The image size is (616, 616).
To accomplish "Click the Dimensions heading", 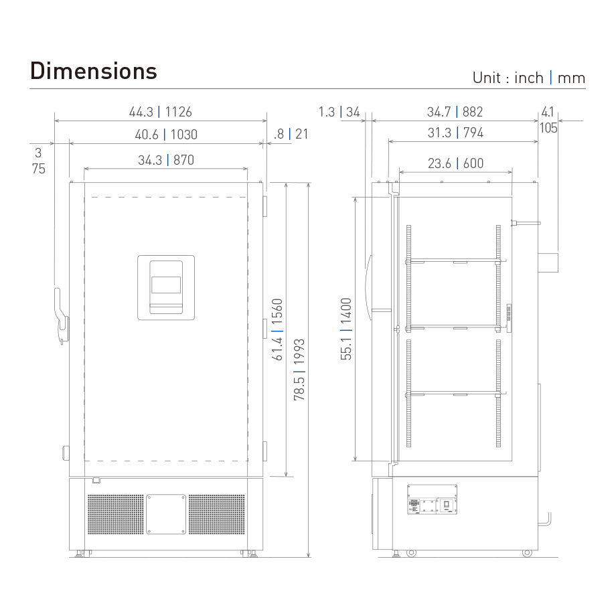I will (x=93, y=70).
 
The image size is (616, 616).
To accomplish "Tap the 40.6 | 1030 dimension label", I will (x=166, y=135).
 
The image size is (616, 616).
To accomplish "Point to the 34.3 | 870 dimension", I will (x=166, y=160).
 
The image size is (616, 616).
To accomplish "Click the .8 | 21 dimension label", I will (x=291, y=135).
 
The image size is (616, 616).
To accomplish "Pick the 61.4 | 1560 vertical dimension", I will (x=277, y=330).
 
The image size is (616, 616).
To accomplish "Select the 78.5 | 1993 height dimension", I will (x=299, y=370).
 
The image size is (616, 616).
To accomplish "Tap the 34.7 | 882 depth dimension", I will (x=455, y=112).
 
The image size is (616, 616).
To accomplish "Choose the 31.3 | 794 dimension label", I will (x=455, y=133).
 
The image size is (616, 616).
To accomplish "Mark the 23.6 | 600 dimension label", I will (x=455, y=163).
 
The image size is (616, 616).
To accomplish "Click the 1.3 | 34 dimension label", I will (x=339, y=112).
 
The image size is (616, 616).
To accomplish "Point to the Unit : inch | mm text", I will (x=528, y=78).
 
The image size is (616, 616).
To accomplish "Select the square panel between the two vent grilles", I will (x=166, y=514).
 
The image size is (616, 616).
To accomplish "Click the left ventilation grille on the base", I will (x=115, y=514).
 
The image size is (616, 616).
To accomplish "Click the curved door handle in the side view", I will (x=368, y=287).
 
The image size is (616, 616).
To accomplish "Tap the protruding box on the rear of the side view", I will (x=549, y=262).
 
